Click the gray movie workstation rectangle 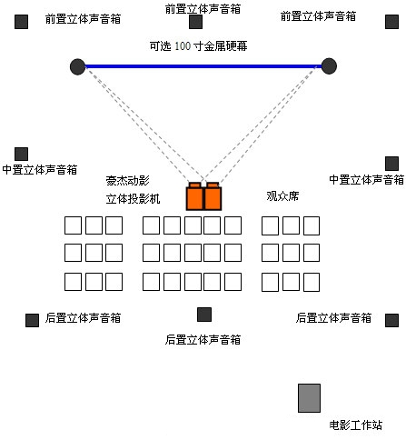click(x=309, y=398)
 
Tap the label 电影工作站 click(x=355, y=425)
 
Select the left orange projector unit click(x=194, y=196)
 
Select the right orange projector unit click(x=213, y=196)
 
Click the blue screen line click(x=203, y=66)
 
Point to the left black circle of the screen click(x=77, y=66)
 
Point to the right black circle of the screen click(x=329, y=66)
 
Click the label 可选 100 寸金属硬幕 click(x=198, y=46)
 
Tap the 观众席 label click(x=282, y=196)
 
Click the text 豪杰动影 click(x=127, y=180)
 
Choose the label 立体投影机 click(x=133, y=199)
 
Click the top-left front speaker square click(x=21, y=22)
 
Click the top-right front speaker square click(x=391, y=22)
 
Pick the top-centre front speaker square click(x=195, y=22)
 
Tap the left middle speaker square click(x=21, y=154)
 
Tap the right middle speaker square click(x=391, y=164)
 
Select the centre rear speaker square click(x=204, y=315)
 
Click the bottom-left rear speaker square click(x=32, y=320)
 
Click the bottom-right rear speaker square click(x=391, y=320)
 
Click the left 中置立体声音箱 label click(x=40, y=169)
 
